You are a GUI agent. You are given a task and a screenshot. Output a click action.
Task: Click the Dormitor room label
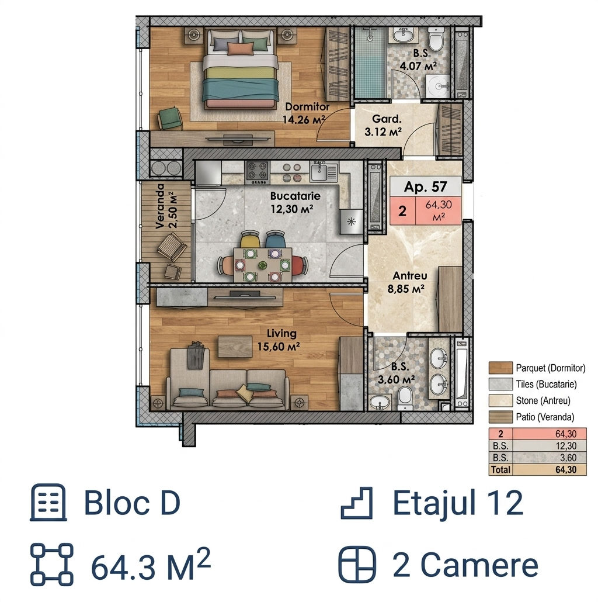coord(307,107)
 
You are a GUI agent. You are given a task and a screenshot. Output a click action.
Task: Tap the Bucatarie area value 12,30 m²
coord(292,209)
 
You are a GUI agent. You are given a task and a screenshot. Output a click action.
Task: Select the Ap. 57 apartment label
coord(425,186)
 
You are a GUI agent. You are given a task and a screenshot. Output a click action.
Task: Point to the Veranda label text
coord(160,206)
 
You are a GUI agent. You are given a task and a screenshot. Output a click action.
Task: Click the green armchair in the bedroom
coord(169,118)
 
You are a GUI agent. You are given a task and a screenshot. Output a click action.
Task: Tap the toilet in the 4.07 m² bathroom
coord(436,39)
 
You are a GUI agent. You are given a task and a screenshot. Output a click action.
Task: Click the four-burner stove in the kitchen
coord(258,172)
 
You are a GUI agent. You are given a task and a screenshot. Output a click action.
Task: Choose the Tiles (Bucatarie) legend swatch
coord(500,385)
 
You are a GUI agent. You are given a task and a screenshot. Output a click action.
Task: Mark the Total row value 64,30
coord(566,469)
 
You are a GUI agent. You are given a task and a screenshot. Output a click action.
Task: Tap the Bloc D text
coord(132,503)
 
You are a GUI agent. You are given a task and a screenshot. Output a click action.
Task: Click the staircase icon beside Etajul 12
coord(357,503)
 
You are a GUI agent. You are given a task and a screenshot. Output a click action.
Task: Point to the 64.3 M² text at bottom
coord(151,566)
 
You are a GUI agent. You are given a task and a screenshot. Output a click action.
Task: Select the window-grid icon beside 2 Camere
coord(357,565)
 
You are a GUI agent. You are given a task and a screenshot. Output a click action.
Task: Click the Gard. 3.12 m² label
coord(383,126)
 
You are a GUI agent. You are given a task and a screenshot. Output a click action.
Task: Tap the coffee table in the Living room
coord(235,347)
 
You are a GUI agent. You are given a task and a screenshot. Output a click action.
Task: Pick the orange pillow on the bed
coord(241,49)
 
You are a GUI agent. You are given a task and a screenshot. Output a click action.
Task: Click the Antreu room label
coord(409,276)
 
